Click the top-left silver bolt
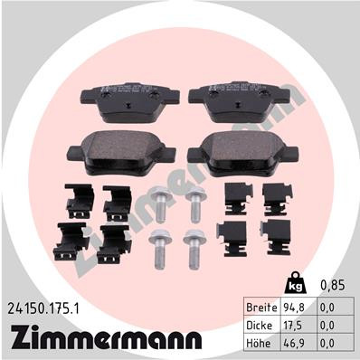pos(161,204)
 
